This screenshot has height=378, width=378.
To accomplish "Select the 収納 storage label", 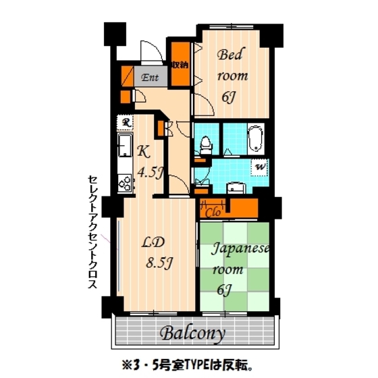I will point(179,65).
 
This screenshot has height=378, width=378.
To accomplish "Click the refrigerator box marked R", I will point(126,122).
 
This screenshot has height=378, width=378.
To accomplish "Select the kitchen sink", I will point(125,145).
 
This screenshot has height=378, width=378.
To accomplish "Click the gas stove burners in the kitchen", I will point(125,182).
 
